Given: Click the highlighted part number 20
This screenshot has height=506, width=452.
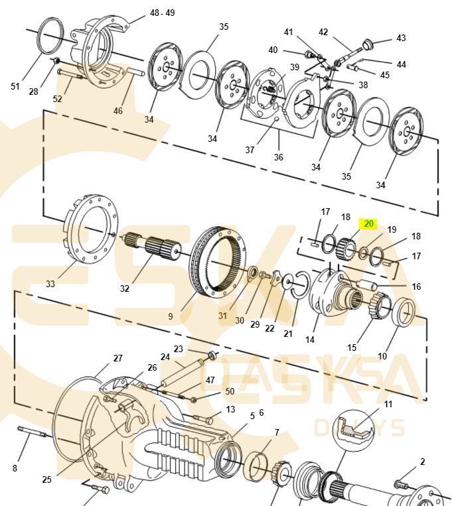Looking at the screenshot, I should click(x=368, y=223).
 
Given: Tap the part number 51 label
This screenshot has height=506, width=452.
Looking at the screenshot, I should click(x=16, y=86).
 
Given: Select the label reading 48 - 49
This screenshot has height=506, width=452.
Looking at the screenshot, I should click(x=163, y=13).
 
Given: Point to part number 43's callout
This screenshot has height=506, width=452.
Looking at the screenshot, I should click(x=400, y=38).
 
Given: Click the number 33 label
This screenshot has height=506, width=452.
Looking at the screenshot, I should click(x=50, y=284).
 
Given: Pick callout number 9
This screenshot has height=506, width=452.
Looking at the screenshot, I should click(x=171, y=316).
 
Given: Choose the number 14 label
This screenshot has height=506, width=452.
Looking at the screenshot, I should click(x=310, y=340).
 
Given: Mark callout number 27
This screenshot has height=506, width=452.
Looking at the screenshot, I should click(x=117, y=358).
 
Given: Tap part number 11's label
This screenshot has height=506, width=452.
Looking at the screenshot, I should click(x=388, y=404).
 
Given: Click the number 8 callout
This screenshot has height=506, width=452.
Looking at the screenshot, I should click(x=15, y=468).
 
